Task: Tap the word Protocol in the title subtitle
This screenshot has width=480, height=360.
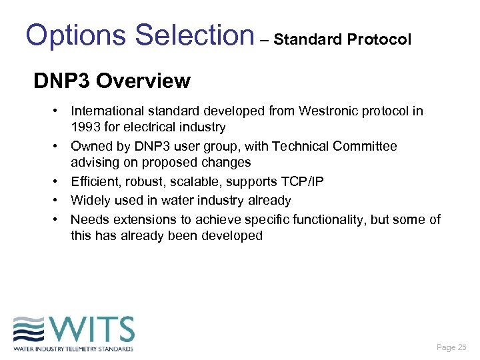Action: point(380,39)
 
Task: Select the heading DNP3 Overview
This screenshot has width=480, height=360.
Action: point(112,81)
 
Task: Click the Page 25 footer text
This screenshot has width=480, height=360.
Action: point(451,347)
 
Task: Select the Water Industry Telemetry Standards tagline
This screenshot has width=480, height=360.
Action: point(73,348)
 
